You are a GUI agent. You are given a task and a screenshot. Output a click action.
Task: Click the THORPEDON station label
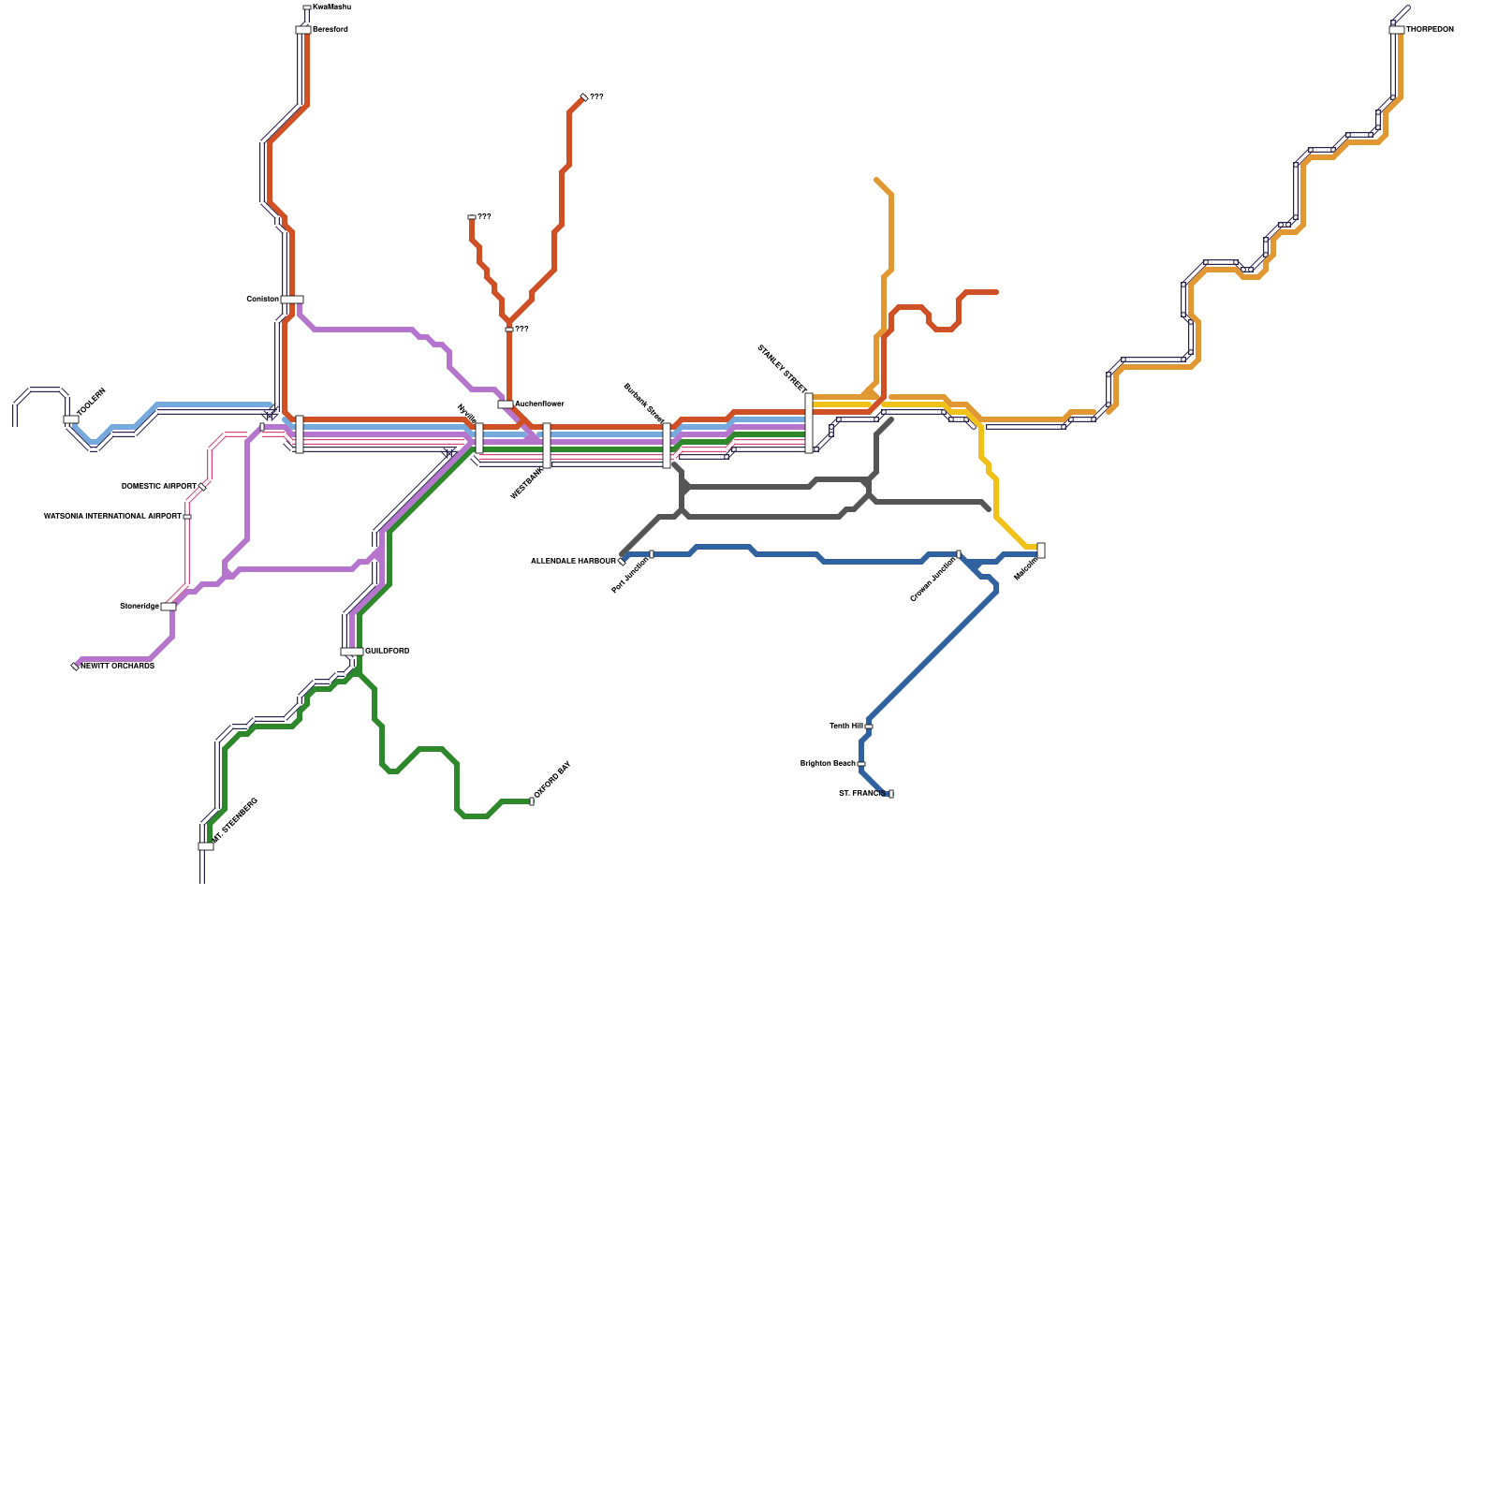click(x=1430, y=30)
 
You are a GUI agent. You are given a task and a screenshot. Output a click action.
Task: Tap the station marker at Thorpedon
click(x=1396, y=30)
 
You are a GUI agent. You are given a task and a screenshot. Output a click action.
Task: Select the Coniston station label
click(x=262, y=299)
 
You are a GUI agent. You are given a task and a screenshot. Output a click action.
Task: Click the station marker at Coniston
click(x=292, y=300)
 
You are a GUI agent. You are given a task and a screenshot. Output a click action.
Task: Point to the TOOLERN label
click(x=91, y=403)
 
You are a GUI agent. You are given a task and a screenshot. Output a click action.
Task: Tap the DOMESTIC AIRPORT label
click(x=159, y=487)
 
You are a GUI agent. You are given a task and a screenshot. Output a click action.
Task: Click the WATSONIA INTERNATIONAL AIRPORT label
click(x=112, y=516)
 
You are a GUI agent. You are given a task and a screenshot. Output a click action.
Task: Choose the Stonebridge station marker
click(x=169, y=607)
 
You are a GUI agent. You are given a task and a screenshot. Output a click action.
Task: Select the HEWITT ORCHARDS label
click(x=117, y=666)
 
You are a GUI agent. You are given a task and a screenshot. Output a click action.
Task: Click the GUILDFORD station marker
click(x=351, y=652)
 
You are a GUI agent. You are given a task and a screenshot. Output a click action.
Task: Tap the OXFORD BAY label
click(x=552, y=781)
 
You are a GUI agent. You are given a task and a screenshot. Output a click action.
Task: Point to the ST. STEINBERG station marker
click(x=206, y=846)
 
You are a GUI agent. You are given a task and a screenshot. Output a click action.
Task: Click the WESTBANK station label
click(x=526, y=483)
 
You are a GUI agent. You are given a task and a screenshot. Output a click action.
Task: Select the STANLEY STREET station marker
click(x=809, y=423)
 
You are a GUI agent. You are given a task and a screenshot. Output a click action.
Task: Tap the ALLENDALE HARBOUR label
click(x=573, y=561)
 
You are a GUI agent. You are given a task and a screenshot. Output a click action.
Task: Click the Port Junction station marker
click(x=652, y=554)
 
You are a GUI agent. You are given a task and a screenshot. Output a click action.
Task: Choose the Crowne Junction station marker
click(x=958, y=554)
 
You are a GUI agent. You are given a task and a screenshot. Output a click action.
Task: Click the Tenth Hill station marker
click(x=869, y=727)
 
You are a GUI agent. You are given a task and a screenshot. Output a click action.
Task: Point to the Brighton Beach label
click(x=828, y=764)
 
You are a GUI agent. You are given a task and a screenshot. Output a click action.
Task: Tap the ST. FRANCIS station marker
click(x=890, y=794)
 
